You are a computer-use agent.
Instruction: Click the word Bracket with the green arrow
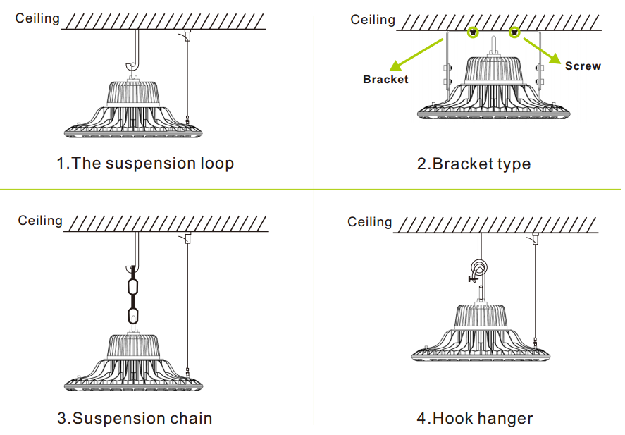[385, 80]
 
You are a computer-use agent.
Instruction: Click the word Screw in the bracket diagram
[583, 66]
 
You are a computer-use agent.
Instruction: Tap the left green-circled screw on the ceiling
[473, 32]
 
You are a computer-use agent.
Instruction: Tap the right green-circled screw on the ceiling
[514, 32]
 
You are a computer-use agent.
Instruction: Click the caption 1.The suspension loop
[145, 164]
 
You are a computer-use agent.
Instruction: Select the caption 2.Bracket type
[474, 164]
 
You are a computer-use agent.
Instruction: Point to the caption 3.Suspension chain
[135, 418]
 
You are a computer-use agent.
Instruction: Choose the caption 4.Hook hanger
[475, 418]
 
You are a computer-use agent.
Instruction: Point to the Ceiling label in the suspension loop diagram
[37, 18]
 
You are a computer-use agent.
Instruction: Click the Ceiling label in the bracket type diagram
[373, 20]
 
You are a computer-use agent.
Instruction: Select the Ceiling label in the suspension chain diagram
[40, 221]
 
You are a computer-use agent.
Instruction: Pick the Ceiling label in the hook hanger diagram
[370, 222]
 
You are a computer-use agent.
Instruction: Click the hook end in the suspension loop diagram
[130, 66]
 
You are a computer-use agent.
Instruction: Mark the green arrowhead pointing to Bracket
[396, 66]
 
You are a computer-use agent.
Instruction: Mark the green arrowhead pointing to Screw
[555, 59]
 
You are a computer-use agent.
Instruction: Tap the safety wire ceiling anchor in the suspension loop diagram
[186, 35]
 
